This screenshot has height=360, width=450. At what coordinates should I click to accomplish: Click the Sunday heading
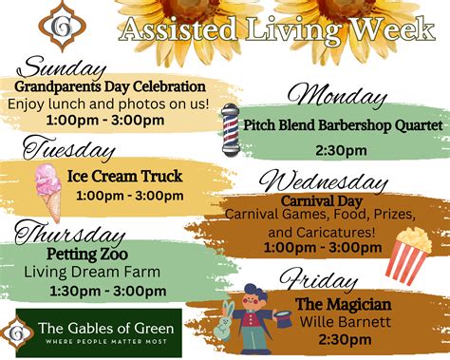pyautogui.click(x=64, y=68)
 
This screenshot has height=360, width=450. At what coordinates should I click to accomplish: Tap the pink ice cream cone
pyautogui.click(x=47, y=189)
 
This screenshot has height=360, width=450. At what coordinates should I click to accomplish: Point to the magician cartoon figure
pyautogui.click(x=249, y=314)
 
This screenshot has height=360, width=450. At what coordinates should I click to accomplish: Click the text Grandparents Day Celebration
pyautogui.click(x=109, y=86)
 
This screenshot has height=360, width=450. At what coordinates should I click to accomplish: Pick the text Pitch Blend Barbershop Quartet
pyautogui.click(x=343, y=125)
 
